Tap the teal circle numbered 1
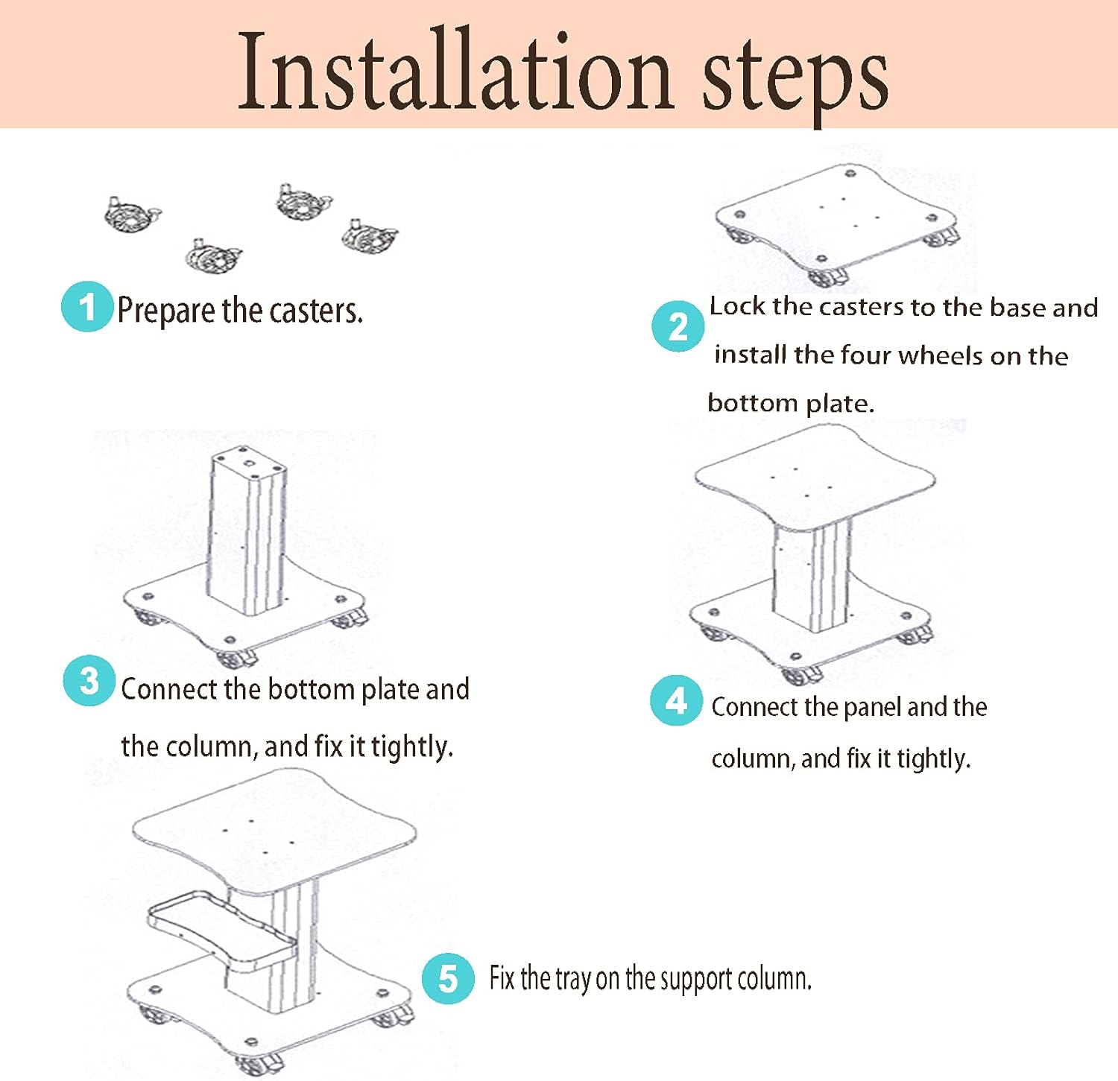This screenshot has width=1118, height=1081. pos(87,306)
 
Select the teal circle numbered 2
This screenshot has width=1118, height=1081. pos(678,326)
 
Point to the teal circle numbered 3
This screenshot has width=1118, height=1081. pos(89,681)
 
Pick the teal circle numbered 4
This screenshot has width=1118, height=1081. pos(676,700)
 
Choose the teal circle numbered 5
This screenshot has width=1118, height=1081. pos(448,978)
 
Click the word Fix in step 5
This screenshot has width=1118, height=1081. pos(502,977)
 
